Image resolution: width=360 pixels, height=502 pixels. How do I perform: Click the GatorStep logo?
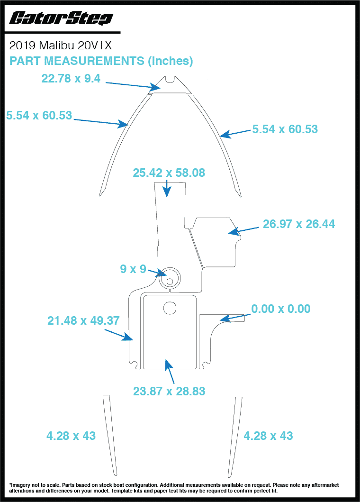pyautogui.click(x=61, y=18)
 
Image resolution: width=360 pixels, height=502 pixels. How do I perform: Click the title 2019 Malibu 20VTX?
pyautogui.click(x=61, y=46)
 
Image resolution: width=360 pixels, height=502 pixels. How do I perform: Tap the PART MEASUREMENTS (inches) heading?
pyautogui.click(x=101, y=61)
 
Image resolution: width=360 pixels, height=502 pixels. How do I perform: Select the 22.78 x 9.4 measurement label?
pyautogui.click(x=71, y=79)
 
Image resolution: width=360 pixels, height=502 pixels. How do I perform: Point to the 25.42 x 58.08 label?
pyautogui.click(x=169, y=173)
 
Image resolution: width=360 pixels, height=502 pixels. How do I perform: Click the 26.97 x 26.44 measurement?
pyautogui.click(x=299, y=224)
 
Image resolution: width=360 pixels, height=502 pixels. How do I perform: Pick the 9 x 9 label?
pyautogui.click(x=133, y=269)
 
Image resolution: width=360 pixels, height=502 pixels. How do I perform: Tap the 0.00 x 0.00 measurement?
pyautogui.click(x=281, y=309)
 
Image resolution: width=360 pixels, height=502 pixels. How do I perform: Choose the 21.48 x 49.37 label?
pyautogui.click(x=83, y=321)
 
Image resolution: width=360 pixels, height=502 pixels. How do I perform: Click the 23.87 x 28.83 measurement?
pyautogui.click(x=169, y=392)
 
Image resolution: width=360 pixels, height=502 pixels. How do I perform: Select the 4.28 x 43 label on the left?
pyautogui.click(x=71, y=436)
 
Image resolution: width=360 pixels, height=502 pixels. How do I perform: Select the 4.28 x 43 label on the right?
pyautogui.click(x=268, y=436)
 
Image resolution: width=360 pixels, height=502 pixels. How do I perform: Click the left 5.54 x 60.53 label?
pyautogui.click(x=39, y=115)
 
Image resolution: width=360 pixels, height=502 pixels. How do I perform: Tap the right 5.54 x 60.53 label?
pyautogui.click(x=285, y=129)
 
